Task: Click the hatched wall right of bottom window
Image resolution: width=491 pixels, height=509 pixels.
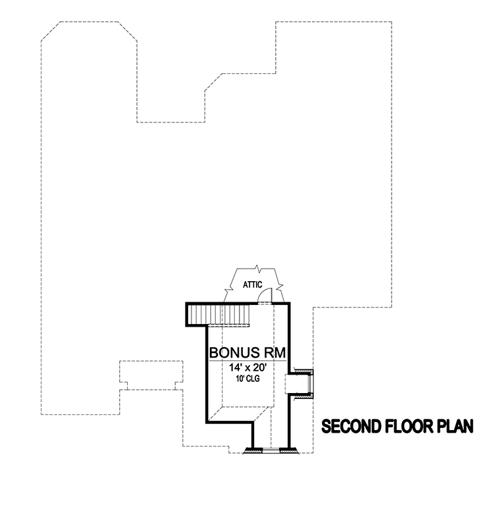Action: point(288,451)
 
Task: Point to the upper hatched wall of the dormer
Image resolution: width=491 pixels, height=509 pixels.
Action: point(303,372)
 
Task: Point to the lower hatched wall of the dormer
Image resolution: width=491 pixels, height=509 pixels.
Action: point(303,398)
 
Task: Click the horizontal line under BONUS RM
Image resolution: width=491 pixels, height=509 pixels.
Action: point(247,360)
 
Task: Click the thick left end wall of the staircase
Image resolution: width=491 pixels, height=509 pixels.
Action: point(189,315)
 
